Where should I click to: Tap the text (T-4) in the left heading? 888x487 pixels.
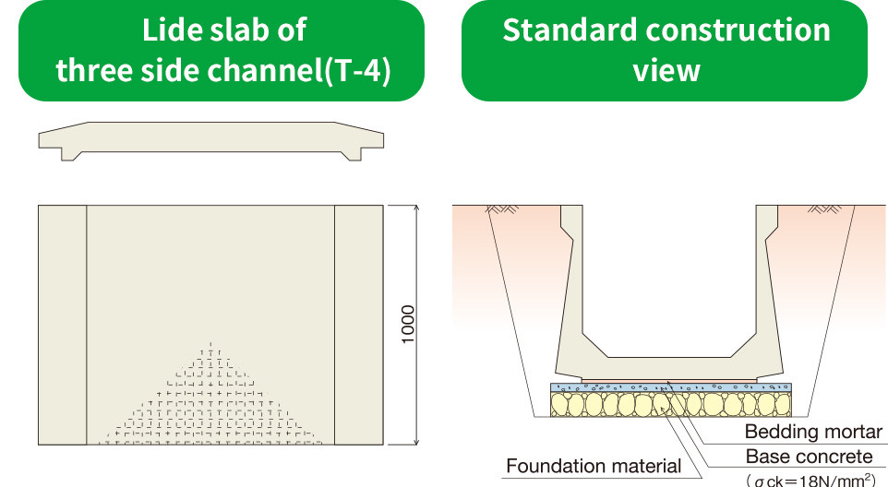coord(355,71)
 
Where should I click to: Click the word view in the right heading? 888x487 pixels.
coord(666,71)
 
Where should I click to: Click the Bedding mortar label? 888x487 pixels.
coord(813,432)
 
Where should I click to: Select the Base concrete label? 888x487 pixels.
coord(809,457)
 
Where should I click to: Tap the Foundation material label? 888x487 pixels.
coord(594,466)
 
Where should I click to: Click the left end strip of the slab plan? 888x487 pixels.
coord(62,325)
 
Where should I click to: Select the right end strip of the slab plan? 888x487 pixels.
coord(359,325)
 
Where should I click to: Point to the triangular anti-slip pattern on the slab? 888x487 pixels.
coord(212,406)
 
